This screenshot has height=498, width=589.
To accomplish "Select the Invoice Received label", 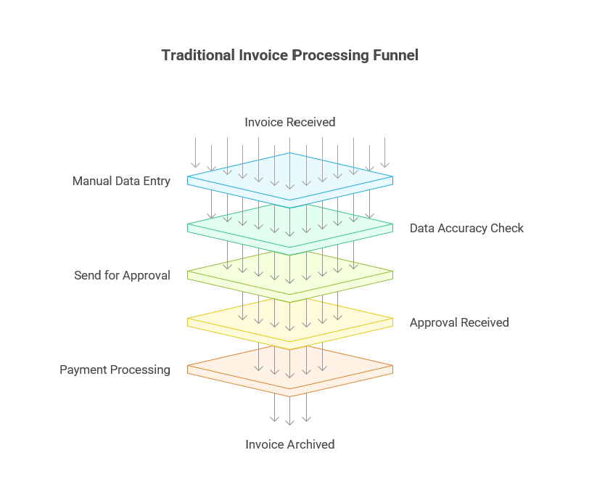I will tap(290, 122).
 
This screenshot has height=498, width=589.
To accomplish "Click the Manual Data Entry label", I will tap(121, 181).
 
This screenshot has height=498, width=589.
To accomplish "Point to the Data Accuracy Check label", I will tap(466, 228).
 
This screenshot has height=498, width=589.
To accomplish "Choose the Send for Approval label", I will tap(122, 275).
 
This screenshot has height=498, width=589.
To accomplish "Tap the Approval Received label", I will tap(459, 322).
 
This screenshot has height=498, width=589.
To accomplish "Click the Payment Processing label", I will tap(115, 370).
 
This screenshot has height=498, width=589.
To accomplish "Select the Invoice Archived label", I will tap(290, 444).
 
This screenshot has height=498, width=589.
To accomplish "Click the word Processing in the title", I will tap(327, 55).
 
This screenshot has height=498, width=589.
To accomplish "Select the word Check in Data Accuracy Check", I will tap(506, 228).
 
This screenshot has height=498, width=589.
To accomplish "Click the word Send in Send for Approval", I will tap(87, 275).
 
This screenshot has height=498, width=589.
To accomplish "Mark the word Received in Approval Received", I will tap(484, 322).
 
